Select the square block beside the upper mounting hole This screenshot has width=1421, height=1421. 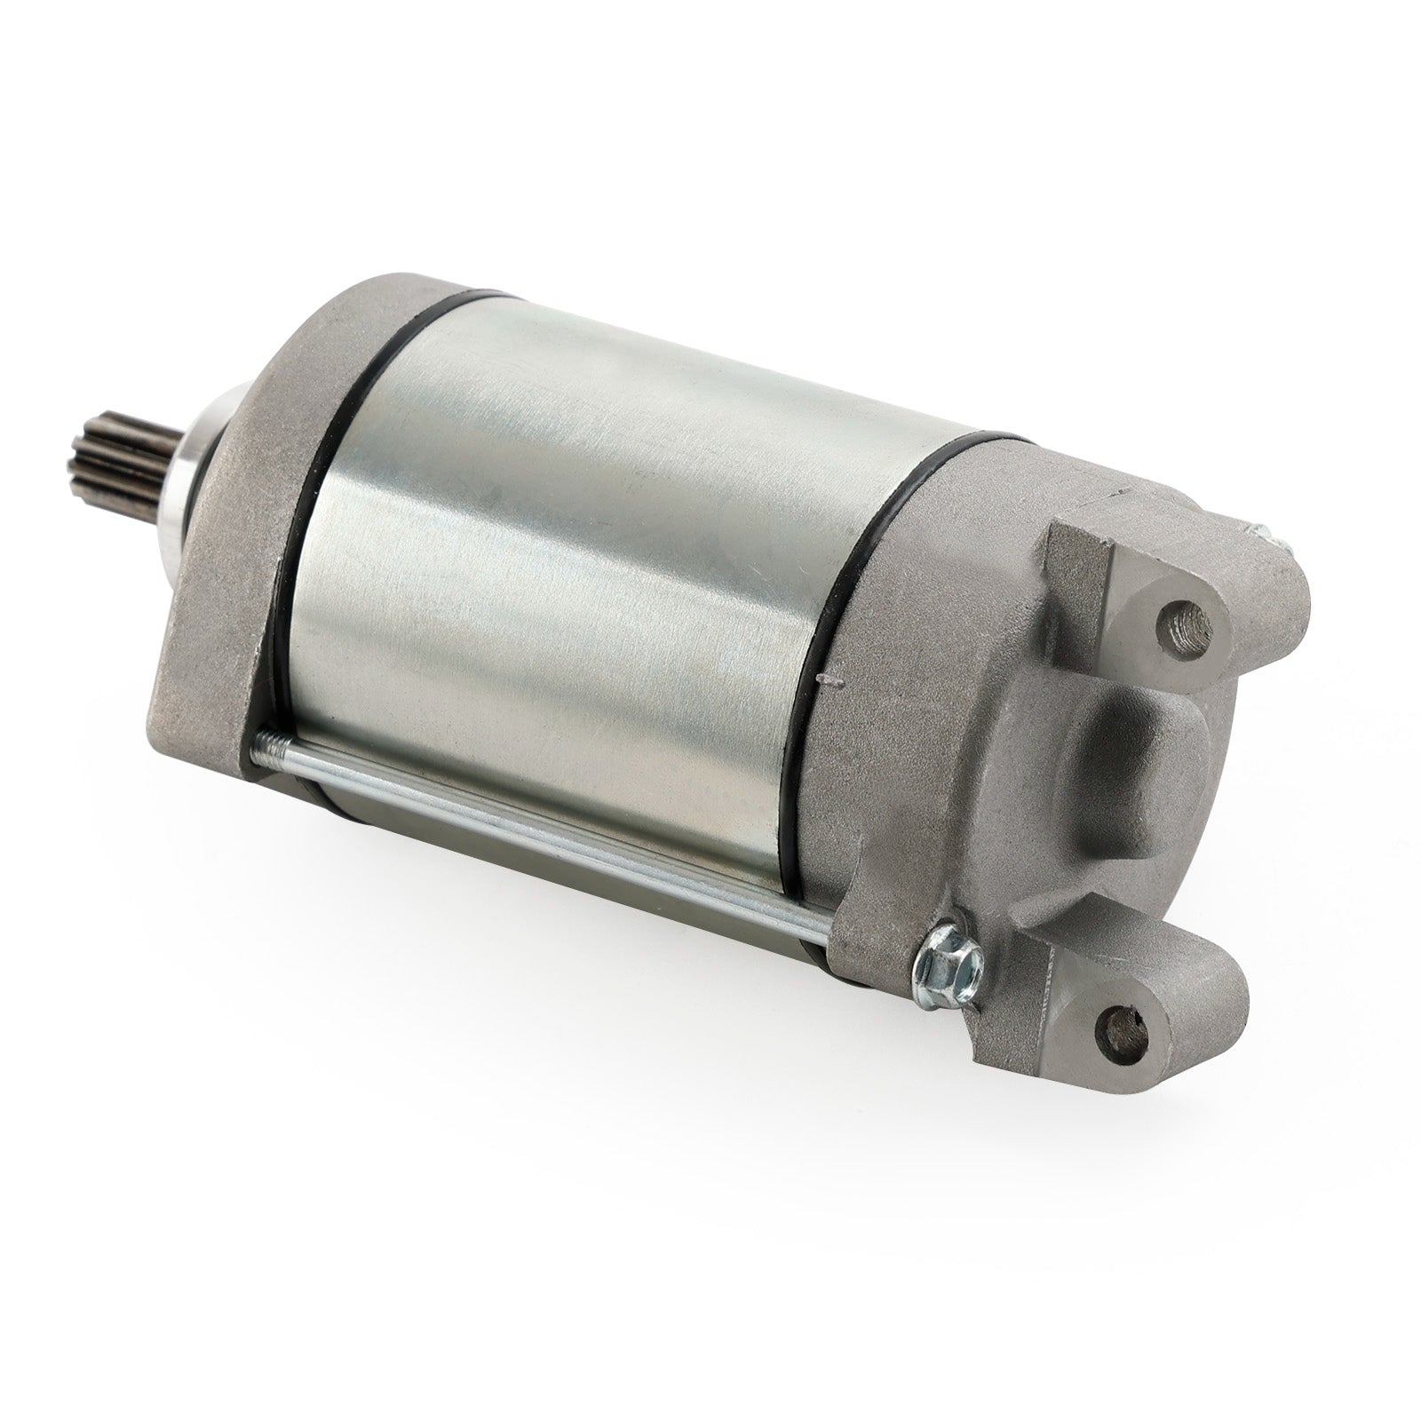[x=1079, y=568]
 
